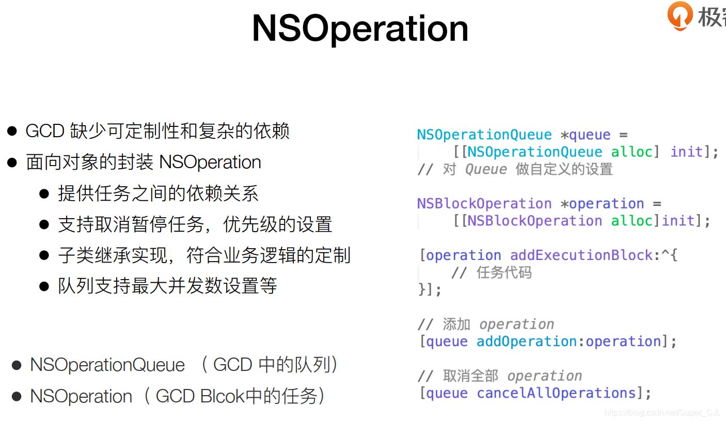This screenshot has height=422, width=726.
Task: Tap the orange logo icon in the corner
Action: [680, 15]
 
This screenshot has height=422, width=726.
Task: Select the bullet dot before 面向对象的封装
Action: [12, 163]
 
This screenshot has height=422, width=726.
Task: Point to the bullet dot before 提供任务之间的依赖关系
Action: [44, 193]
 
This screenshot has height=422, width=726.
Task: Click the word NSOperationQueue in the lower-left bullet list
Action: [107, 365]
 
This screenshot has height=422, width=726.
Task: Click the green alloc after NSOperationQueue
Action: [632, 152]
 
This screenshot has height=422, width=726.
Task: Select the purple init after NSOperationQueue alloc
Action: [686, 152]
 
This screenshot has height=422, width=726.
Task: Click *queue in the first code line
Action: [586, 135]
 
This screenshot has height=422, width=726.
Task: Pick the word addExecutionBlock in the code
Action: [581, 255]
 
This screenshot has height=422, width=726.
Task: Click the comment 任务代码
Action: [504, 272]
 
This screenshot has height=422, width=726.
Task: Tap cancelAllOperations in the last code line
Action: [556, 393]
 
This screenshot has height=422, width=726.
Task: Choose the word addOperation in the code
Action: [527, 342]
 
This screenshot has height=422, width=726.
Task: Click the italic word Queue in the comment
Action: [486, 169]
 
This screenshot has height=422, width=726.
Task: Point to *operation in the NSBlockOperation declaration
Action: [602, 204]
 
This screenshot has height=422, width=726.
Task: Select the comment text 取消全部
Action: [470, 376]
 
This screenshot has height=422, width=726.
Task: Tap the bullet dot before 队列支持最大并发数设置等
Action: [44, 286]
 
